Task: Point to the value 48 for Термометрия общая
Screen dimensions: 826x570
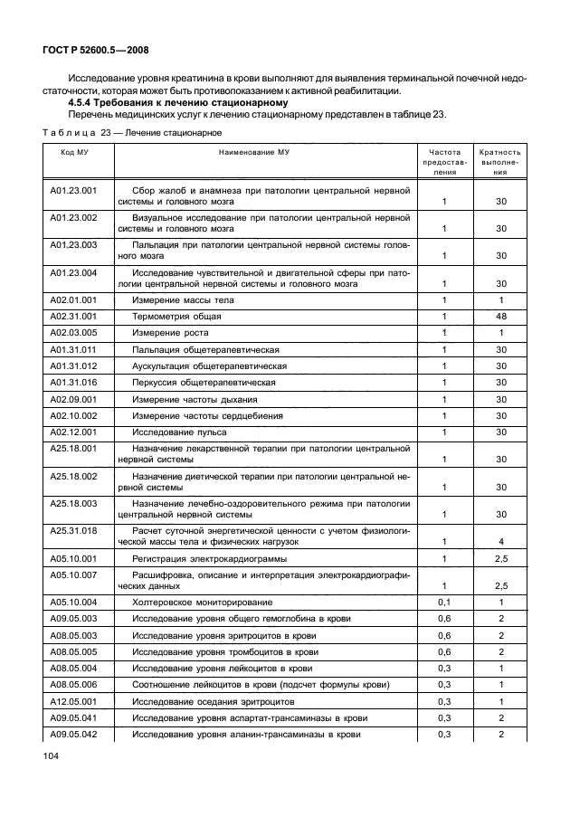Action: [500, 317]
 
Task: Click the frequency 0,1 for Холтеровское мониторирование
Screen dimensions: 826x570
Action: [444, 603]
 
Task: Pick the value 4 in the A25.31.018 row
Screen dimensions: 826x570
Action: [500, 542]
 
